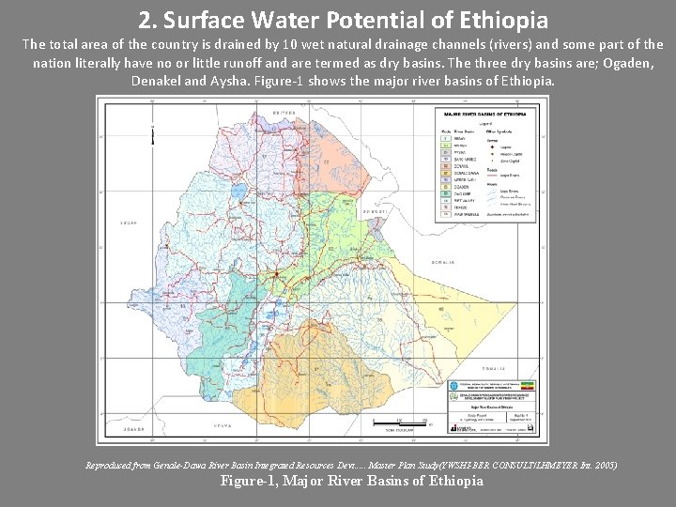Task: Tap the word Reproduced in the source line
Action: [x=111, y=466]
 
